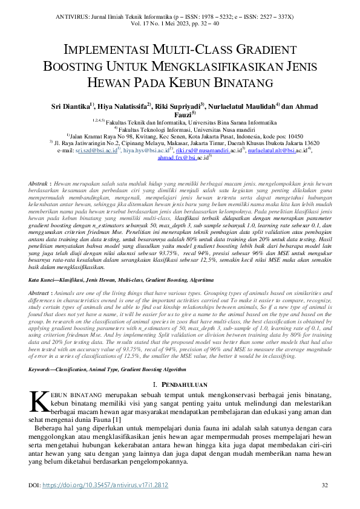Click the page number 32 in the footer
coord(324,485)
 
